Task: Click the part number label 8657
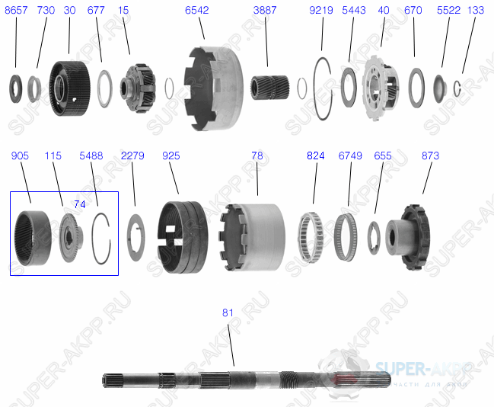[16, 11]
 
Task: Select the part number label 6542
[196, 11]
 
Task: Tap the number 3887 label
[265, 11]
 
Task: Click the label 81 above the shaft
[228, 313]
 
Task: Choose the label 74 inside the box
[80, 204]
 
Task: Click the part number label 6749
[349, 155]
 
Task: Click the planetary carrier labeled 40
[382, 85]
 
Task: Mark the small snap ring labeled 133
[458, 87]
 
